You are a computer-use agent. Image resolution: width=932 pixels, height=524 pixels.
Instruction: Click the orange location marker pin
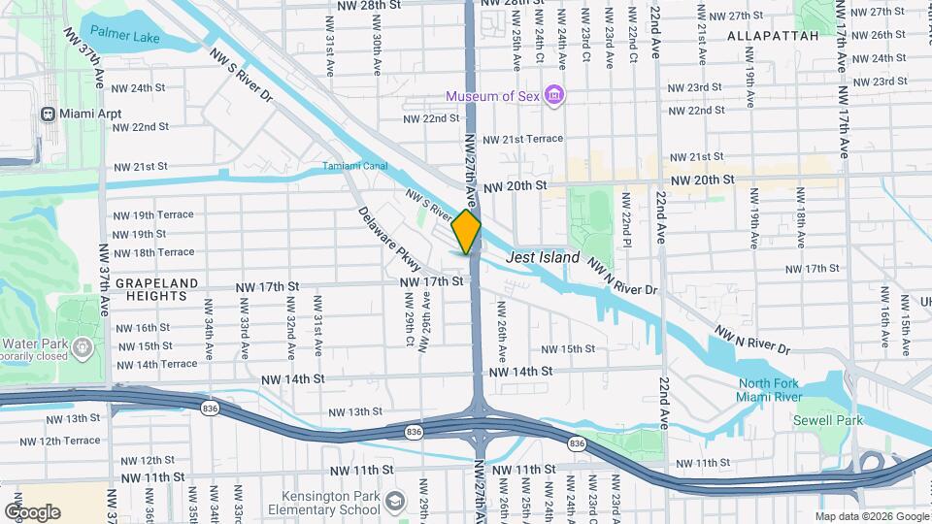tap(466, 232)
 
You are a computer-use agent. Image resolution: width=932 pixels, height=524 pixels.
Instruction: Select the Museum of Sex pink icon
tap(554, 95)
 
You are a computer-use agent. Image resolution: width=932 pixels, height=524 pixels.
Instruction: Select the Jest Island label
tap(543, 258)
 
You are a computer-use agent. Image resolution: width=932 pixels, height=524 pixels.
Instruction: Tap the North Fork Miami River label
tap(771, 389)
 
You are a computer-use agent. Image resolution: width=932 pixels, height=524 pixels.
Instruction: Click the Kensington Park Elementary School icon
tap(394, 501)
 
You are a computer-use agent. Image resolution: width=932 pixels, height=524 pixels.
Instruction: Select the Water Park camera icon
tap(83, 344)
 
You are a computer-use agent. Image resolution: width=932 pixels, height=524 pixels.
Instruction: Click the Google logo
tap(32, 512)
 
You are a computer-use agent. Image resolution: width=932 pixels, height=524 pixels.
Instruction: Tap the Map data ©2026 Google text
tap(871, 516)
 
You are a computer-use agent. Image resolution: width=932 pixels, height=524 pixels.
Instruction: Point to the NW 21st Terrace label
tap(522, 139)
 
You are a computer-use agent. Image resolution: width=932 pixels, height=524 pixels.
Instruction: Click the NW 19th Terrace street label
tap(153, 214)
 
